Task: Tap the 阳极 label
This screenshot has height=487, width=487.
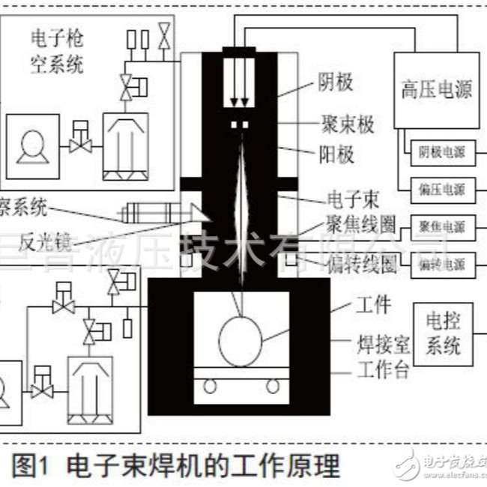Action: [334, 154]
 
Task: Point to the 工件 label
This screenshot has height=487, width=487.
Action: [372, 305]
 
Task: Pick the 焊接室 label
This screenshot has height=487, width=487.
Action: [381, 345]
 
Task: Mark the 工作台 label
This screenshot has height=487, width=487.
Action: [383, 369]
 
